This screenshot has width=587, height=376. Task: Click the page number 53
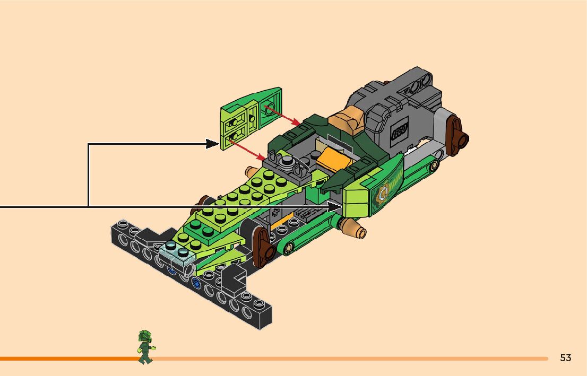[x=565, y=358]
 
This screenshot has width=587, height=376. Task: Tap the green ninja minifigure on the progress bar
[x=145, y=347]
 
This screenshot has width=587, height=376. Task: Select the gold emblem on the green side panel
[x=382, y=196]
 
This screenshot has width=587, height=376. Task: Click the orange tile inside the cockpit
[x=333, y=160]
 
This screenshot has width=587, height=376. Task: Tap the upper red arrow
[x=284, y=116]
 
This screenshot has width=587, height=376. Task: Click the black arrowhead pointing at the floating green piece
[x=213, y=144]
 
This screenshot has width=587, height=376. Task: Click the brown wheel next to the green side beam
[x=261, y=247]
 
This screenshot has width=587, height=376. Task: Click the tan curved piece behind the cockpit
[x=346, y=119]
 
